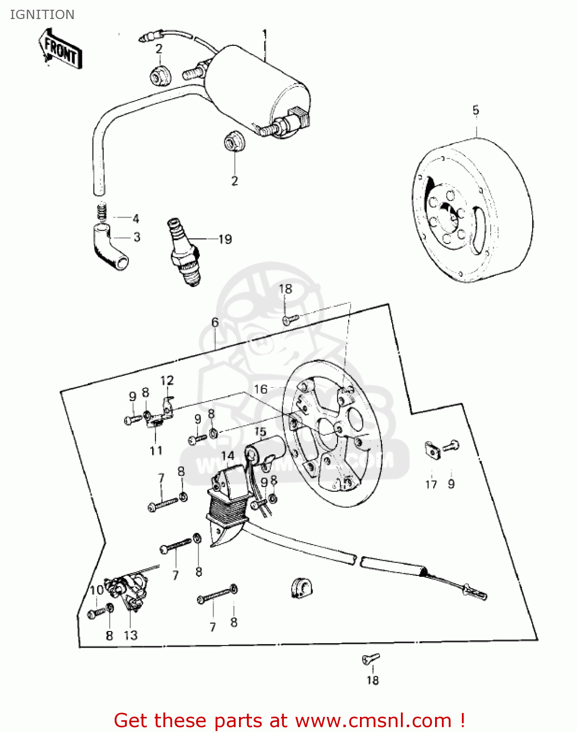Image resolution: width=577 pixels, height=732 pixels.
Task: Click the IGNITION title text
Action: (x=42, y=15)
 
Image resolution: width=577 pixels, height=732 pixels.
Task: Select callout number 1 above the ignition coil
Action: (x=265, y=35)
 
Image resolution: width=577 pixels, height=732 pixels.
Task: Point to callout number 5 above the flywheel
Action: (x=476, y=110)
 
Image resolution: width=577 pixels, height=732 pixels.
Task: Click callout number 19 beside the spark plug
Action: (x=225, y=239)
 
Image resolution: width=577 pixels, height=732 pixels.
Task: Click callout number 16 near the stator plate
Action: (x=261, y=389)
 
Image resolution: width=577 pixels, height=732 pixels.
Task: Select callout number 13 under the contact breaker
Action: (x=131, y=635)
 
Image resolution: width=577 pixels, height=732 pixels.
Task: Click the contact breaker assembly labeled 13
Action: (x=128, y=588)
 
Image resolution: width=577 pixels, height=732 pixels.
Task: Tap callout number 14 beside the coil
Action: (x=228, y=456)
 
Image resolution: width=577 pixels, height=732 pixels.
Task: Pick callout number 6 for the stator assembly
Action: (x=215, y=323)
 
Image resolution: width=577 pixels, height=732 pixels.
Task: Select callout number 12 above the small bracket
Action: (x=167, y=380)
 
